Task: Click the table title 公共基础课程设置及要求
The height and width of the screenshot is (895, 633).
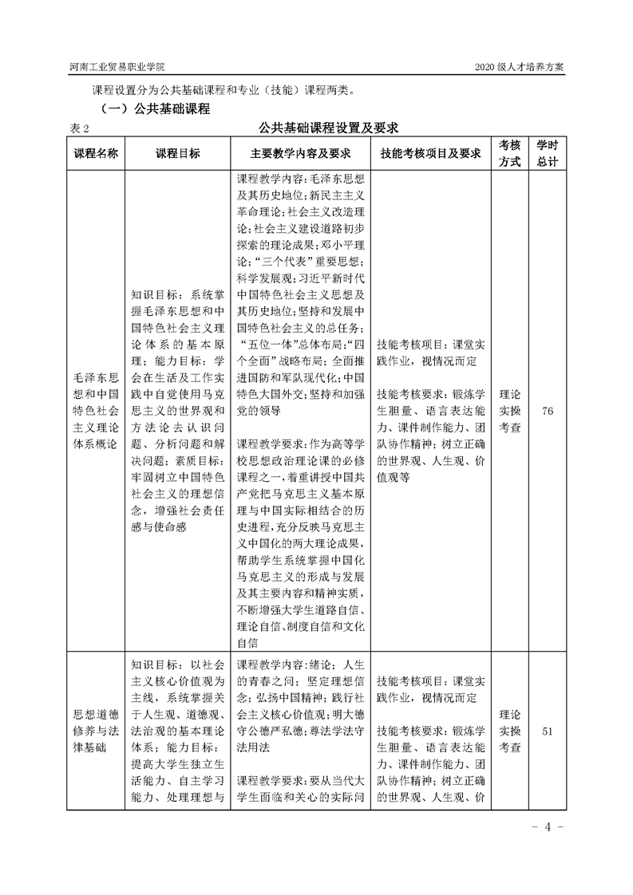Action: [328, 127]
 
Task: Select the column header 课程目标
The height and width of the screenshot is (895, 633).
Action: [177, 154]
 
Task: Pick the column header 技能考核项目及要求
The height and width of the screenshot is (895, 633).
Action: [430, 154]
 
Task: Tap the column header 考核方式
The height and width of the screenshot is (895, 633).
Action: [510, 154]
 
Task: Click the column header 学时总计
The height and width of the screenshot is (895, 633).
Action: [547, 154]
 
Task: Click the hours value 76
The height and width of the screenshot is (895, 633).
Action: [547, 411]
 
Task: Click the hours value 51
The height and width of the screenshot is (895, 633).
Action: [547, 731]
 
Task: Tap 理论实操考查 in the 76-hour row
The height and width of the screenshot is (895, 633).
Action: [510, 411]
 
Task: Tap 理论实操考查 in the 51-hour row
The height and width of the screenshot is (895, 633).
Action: [510, 731]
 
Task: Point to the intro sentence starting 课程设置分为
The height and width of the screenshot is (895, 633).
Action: [221, 89]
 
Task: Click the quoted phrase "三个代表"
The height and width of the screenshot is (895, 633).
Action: [284, 262]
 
